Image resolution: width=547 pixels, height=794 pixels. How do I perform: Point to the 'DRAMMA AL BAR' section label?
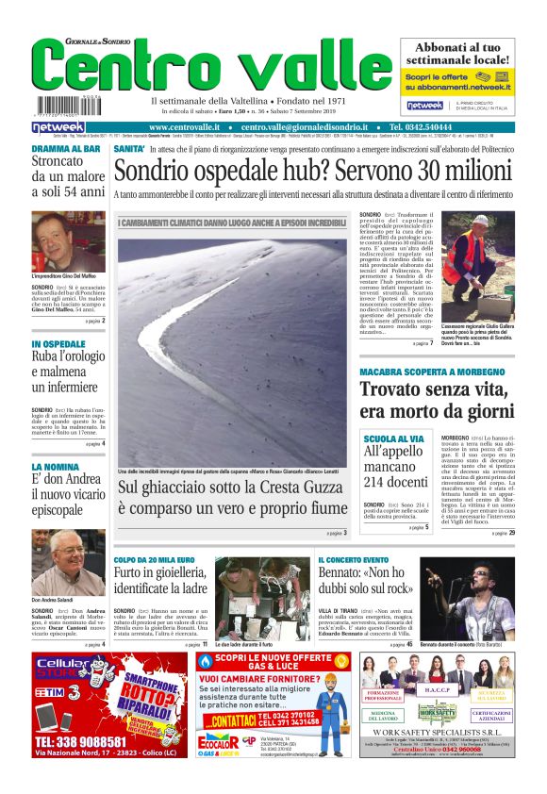pyautogui.click(x=66, y=149)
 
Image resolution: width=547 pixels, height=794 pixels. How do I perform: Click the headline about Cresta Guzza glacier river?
pyautogui.click(x=232, y=499)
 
